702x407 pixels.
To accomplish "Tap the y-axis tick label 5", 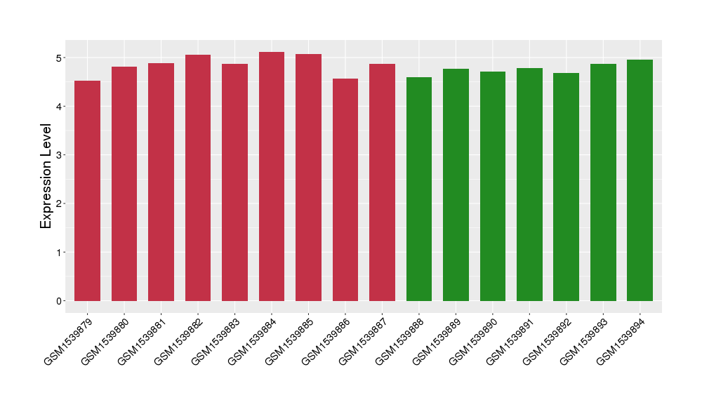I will tap(60, 58).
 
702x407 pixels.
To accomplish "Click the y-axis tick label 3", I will tap(60, 155).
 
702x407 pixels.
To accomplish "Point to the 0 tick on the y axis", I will tap(60, 301).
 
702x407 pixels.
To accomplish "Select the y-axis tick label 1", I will tap(60, 253).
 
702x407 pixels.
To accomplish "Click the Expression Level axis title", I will tap(46, 176).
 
